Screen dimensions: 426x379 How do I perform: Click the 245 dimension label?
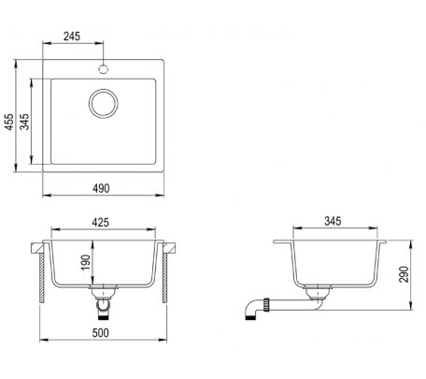tap(72, 36)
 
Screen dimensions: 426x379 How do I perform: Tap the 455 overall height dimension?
tap(9, 122)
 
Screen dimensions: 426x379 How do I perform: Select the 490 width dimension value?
tap(101, 188)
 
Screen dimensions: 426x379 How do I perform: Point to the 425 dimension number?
tap(101, 222)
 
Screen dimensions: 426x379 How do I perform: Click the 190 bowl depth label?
tap(85, 262)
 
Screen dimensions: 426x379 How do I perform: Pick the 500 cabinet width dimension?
tap(101, 333)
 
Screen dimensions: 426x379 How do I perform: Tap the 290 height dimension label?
tap(404, 274)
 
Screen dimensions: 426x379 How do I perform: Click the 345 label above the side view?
tap(333, 221)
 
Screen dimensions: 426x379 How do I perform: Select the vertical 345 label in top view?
tap(24, 122)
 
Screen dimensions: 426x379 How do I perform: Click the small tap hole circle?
tap(104, 68)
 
